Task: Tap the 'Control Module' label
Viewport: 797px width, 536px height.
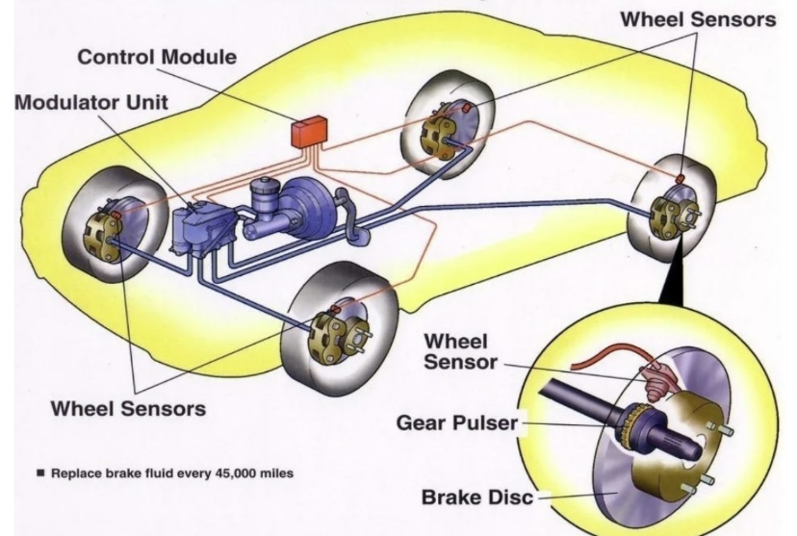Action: [x=156, y=57]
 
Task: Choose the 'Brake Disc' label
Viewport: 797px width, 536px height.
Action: [x=478, y=498]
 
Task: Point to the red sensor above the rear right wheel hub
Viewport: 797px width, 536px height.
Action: [x=680, y=178]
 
